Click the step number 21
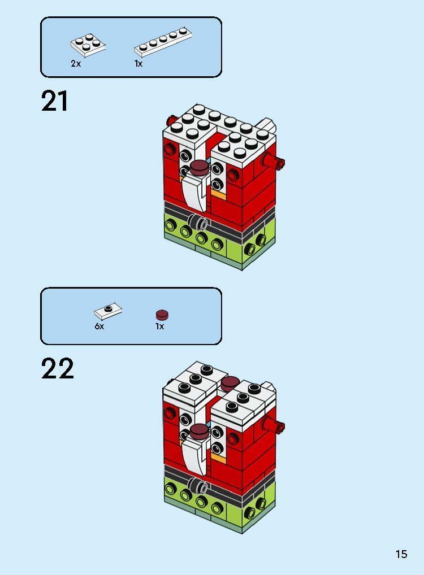pos(55,102)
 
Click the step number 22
pos(57,369)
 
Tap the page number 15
pos(401,554)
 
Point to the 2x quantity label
pos(76,64)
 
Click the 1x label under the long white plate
pos(139,64)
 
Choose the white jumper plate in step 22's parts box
pos(108,310)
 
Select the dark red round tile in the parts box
pos(162,315)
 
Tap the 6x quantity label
pos(99,326)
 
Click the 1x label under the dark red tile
pos(160,326)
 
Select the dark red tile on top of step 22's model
pos(229,384)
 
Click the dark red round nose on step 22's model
pos(199,432)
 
